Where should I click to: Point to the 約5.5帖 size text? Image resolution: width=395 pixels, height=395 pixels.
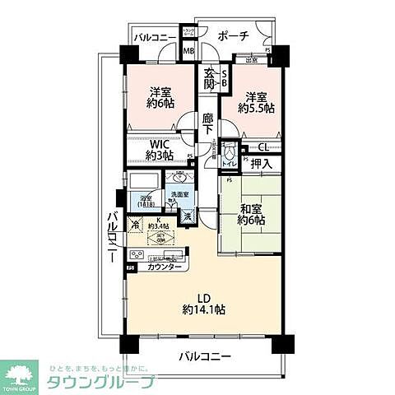pyautogui.click(x=254, y=107)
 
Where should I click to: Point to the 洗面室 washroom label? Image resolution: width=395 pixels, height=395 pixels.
pyautogui.click(x=175, y=196)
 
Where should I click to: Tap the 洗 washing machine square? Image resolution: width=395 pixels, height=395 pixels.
pyautogui.click(x=188, y=216)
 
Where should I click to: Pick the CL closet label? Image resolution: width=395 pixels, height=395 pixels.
pyautogui.click(x=263, y=148)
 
